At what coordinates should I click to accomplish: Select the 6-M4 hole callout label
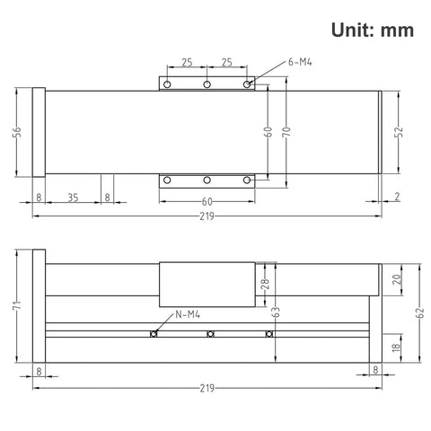coord(300,62)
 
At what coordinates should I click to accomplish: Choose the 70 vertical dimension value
coord(286,132)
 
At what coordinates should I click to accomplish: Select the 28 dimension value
coord(265,285)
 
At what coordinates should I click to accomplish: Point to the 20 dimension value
coord(398,279)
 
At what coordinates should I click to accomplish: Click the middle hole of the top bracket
coord(207,84)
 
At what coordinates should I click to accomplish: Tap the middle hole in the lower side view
coord(210,335)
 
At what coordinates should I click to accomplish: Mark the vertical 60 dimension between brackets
coord(267,132)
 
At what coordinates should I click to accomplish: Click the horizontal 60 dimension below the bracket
coord(207,201)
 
